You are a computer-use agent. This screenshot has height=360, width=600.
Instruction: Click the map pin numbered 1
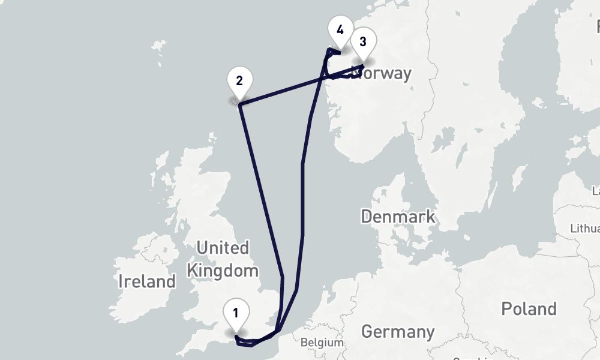pyautogui.click(x=236, y=314)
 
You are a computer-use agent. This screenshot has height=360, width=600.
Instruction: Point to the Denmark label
pyautogui.click(x=397, y=217)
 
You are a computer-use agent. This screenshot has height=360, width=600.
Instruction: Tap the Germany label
pyautogui.click(x=398, y=331)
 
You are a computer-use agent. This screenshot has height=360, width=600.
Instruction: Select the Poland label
pyautogui.click(x=529, y=309)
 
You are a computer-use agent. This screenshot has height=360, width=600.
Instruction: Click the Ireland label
pyautogui.click(x=147, y=281)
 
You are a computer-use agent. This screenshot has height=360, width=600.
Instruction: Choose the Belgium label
pyautogui.click(x=322, y=343)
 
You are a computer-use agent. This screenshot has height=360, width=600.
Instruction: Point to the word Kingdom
pyautogui.click(x=222, y=270)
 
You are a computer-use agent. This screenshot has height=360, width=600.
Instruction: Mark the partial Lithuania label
pyautogui.click(x=586, y=229)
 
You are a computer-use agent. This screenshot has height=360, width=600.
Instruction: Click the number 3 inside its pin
pyautogui.click(x=362, y=41)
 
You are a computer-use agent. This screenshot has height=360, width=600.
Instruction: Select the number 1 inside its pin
pyautogui.click(x=236, y=312)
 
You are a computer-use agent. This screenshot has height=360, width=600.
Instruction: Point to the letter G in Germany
pyautogui.click(x=367, y=331)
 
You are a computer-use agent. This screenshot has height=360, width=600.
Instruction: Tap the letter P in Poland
pyautogui.click(x=506, y=309)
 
